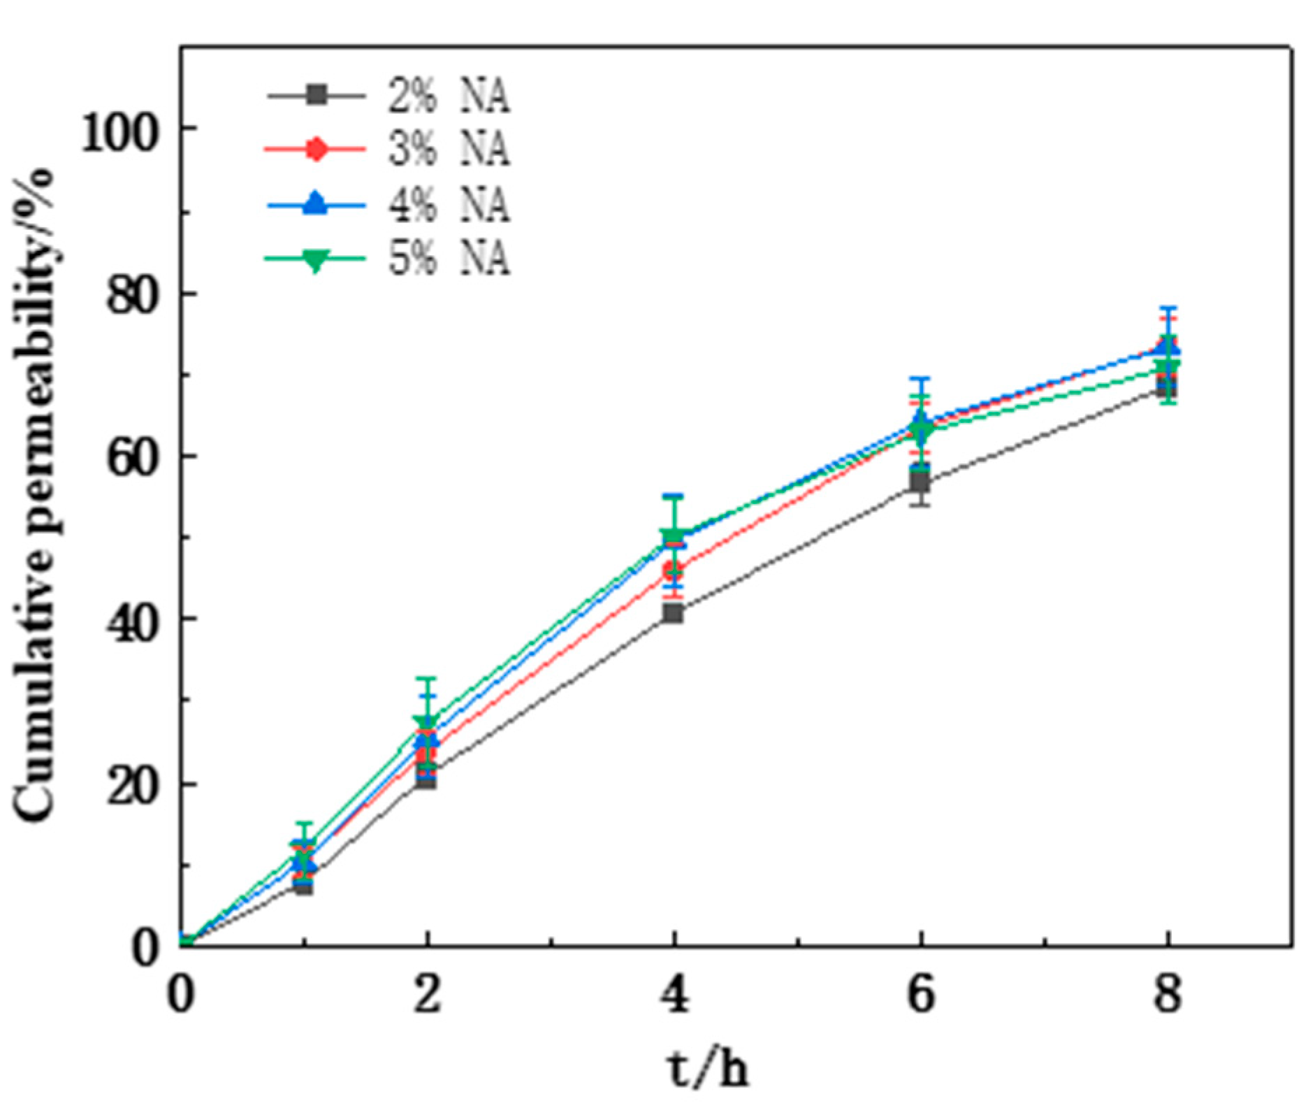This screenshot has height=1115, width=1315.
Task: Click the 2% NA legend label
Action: [449, 96]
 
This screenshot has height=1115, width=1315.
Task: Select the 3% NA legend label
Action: [449, 150]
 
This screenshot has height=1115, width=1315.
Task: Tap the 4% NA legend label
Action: [449, 205]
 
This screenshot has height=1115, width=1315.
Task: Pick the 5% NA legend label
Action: [449, 259]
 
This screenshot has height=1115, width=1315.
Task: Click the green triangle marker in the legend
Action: [316, 260]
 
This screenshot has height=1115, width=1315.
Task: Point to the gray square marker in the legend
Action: [317, 95]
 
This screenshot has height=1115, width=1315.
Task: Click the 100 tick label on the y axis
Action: [117, 133]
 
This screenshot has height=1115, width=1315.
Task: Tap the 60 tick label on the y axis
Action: [130, 460]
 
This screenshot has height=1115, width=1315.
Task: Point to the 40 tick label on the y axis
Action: [130, 623]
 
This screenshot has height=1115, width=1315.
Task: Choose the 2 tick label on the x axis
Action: [427, 995]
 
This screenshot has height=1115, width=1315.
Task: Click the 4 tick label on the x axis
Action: [674, 995]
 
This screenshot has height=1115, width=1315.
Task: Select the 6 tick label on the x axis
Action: [921, 995]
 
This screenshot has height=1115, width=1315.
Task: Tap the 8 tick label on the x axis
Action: [1168, 995]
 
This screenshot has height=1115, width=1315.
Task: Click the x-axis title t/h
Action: [706, 1068]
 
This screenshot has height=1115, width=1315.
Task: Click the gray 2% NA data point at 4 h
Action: [674, 613]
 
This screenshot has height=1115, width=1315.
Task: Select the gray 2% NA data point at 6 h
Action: [920, 482]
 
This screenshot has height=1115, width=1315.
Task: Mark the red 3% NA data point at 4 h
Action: [674, 570]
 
